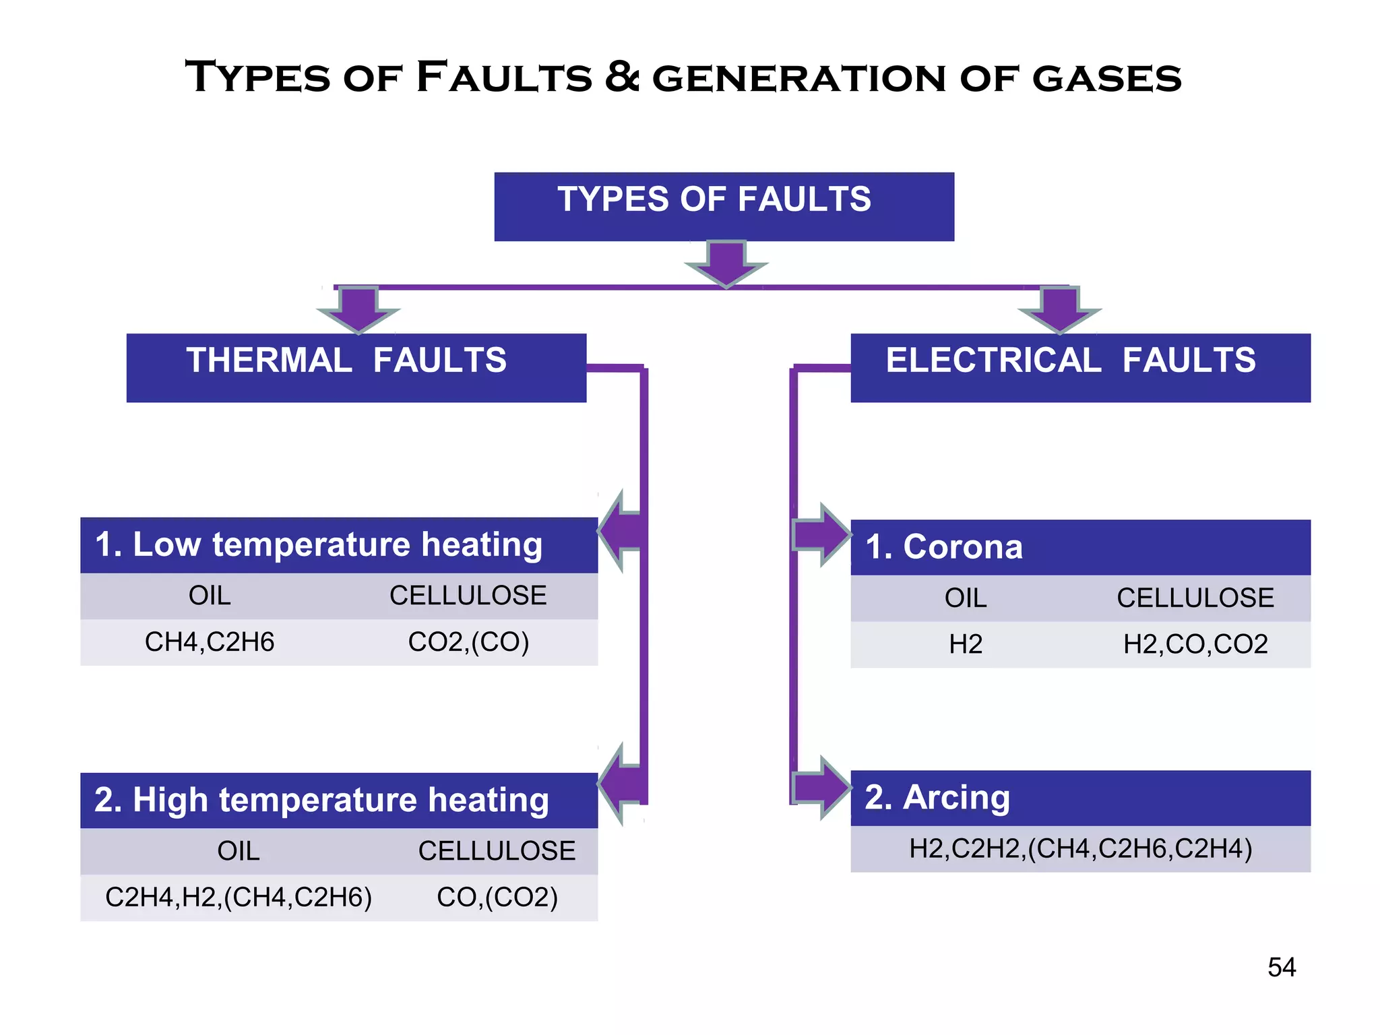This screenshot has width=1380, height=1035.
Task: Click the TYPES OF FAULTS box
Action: pos(724,206)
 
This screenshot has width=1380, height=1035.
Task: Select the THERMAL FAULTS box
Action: pos(356,367)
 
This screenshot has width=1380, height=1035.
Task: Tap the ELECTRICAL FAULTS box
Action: pos(1080,367)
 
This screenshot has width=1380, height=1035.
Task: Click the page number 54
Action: pos(1281,968)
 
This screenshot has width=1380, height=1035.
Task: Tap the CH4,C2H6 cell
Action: pos(210,642)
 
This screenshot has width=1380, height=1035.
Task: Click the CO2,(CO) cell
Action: pos(468,642)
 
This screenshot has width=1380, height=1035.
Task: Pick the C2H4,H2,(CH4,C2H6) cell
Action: pos(239,898)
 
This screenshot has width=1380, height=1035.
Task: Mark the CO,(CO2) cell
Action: pos(497,898)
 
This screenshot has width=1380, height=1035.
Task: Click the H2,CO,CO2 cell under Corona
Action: pos(1195,645)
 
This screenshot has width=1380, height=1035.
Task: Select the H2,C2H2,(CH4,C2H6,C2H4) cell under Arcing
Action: pos(1080,849)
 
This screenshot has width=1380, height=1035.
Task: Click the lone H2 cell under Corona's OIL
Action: pos(965,645)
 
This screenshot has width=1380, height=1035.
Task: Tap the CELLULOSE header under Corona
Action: pos(1195,598)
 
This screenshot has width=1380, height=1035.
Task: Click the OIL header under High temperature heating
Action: pos(239,851)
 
